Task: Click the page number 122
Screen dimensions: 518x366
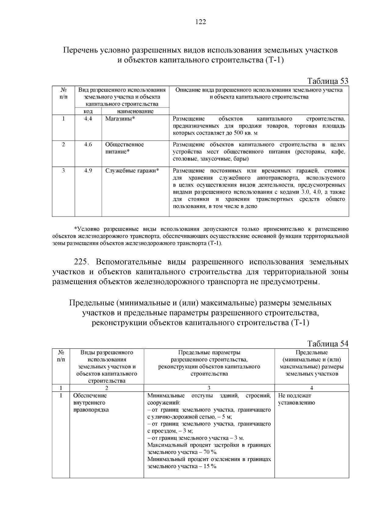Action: pos(200,22)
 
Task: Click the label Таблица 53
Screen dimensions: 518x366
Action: pos(328,81)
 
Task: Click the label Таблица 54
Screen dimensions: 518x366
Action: pos(328,344)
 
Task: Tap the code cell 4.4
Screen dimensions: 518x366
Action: pos(88,119)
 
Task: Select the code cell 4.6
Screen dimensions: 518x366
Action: pos(88,145)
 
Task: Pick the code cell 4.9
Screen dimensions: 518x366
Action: pos(88,171)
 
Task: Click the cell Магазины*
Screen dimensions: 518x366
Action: pos(120,119)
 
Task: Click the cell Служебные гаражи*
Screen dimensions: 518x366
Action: pos(132,171)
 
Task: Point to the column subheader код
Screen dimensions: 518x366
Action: pos(88,111)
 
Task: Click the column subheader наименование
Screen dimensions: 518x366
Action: pos(135,111)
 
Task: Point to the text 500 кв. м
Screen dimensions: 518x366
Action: pos(245,133)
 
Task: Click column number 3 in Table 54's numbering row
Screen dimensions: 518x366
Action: pos(209,388)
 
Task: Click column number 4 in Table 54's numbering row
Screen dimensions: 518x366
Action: pos(311,388)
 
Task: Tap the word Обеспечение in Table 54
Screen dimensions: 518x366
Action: pos(90,396)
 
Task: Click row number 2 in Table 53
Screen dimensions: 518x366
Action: pos(63,145)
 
